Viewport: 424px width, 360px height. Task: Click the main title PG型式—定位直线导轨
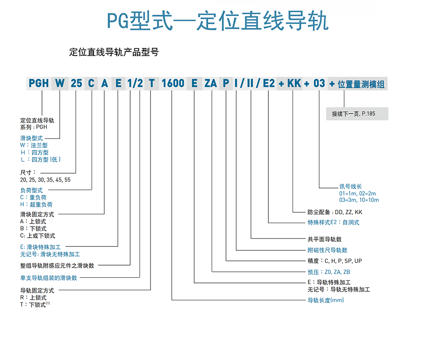coord(218,20)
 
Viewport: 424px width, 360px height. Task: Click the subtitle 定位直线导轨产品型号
coord(114,52)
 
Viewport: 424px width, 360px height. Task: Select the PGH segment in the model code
coord(39,83)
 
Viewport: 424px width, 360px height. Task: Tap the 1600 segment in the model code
coord(173,83)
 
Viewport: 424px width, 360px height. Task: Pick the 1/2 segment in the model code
coord(135,83)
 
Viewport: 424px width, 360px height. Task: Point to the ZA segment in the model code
coord(211,83)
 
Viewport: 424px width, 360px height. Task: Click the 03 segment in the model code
coord(319,83)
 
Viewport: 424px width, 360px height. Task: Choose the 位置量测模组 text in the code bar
coord(361,84)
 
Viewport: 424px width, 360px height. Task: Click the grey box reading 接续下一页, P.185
coord(357,114)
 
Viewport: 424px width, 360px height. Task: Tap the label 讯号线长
coord(351,186)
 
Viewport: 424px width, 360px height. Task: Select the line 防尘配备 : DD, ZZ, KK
coord(335,212)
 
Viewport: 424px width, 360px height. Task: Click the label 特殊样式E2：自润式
coord(333,222)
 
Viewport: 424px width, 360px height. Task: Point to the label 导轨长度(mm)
coord(326,300)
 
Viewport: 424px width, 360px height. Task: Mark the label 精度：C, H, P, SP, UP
coord(335,261)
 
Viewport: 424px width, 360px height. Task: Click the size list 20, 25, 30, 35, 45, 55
coord(45,180)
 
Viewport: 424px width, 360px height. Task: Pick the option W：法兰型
coord(34,145)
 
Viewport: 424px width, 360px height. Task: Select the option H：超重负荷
coord(36,205)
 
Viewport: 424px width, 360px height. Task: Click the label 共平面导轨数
coord(324,239)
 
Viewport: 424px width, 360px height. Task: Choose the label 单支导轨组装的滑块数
coord(49,278)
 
